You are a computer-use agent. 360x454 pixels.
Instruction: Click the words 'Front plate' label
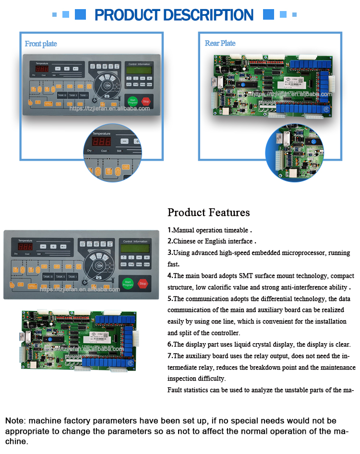point(41,44)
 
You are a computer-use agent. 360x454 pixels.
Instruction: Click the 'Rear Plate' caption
point(220,43)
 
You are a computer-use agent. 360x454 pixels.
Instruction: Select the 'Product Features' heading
point(208,212)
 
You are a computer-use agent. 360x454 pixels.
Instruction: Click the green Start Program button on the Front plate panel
point(132,101)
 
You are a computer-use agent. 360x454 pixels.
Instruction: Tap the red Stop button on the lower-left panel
point(143,284)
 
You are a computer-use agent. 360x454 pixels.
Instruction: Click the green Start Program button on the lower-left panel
point(128,284)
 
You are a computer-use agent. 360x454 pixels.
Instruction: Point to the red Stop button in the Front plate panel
point(146,102)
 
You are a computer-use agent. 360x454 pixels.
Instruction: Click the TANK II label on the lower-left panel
point(60,277)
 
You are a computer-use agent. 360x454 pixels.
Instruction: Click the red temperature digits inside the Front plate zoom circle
point(101,142)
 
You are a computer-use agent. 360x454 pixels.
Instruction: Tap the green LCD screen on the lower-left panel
point(134,250)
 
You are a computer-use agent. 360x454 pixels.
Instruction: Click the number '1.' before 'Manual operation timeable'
point(170,230)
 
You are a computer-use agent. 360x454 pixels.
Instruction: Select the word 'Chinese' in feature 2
point(184,241)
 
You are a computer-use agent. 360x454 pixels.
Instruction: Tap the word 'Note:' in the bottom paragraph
point(16,421)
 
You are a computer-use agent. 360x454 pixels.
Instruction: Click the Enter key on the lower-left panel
point(146,264)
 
